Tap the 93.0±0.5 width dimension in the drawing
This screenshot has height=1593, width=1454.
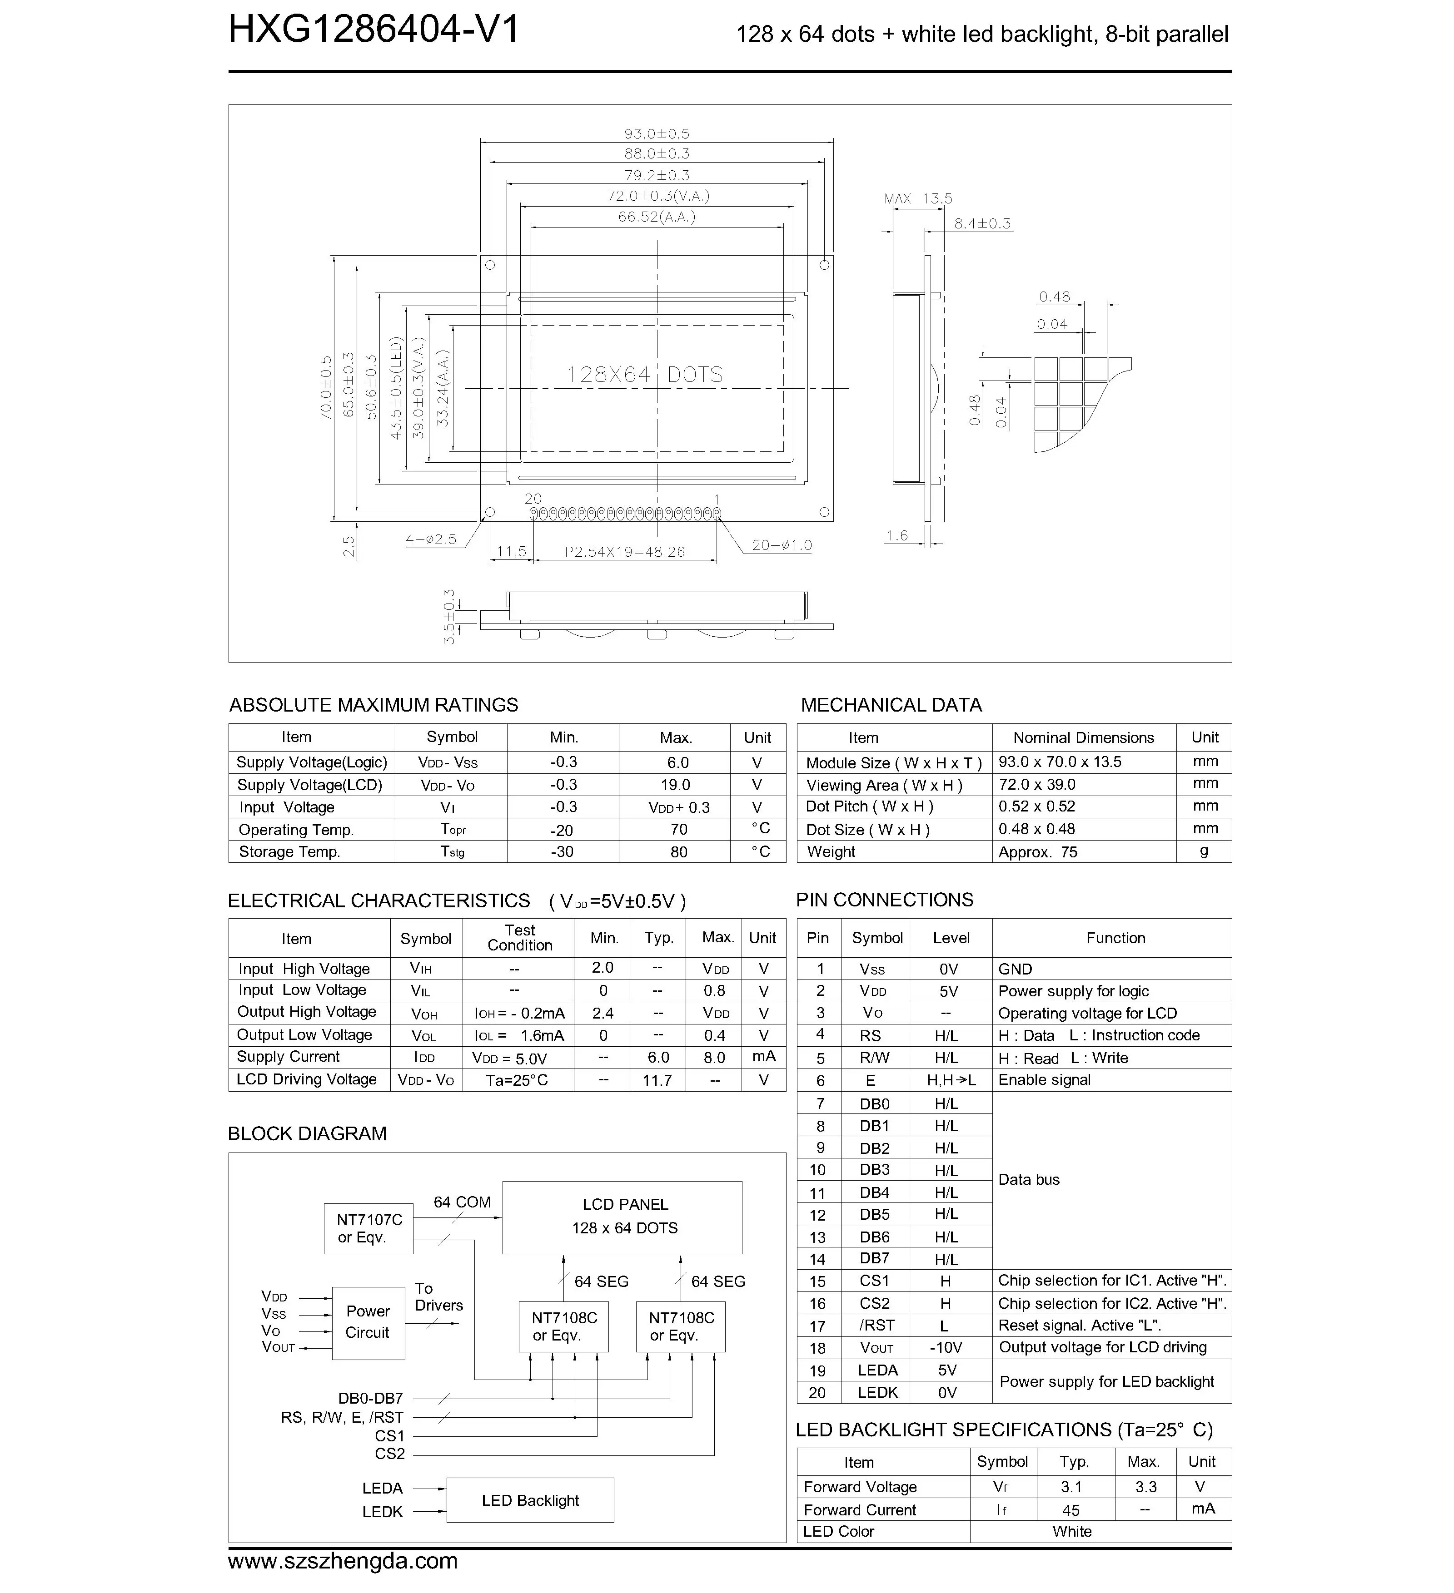[x=656, y=134]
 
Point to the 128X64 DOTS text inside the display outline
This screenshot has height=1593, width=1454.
[x=644, y=375]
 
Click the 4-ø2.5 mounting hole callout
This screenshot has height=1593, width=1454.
[x=431, y=539]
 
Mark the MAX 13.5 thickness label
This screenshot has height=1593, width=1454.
[x=918, y=198]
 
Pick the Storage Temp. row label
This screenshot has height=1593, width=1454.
[x=289, y=852]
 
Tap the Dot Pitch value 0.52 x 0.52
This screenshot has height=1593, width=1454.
[x=1036, y=807]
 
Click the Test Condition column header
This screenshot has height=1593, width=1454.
[x=519, y=938]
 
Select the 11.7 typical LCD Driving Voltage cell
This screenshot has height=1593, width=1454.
[x=657, y=1080]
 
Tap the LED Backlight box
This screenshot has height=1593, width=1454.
[x=530, y=1500]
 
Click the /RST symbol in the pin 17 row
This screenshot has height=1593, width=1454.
[x=877, y=1325]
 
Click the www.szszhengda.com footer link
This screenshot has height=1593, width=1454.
[x=342, y=1561]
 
